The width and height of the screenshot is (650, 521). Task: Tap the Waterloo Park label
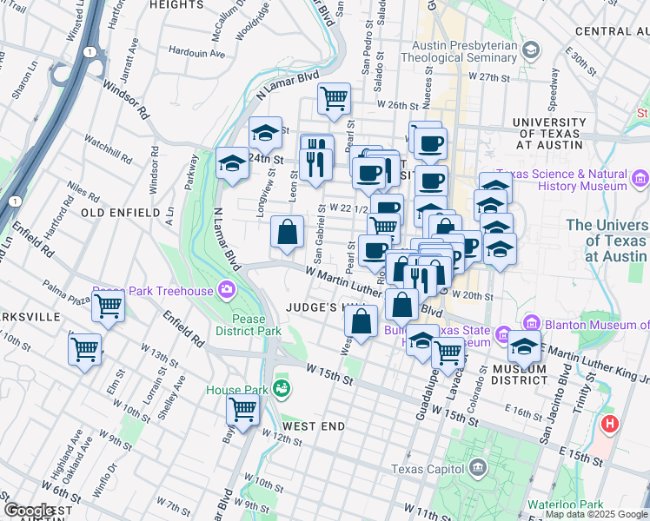(x=567, y=505)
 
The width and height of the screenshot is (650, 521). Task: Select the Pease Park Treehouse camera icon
(x=227, y=288)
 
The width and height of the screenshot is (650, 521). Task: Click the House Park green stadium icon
(x=280, y=387)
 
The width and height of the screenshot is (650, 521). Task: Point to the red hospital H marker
(x=610, y=425)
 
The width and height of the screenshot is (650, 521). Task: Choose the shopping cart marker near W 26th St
(x=334, y=98)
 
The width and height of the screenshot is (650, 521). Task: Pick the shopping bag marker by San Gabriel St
(x=287, y=232)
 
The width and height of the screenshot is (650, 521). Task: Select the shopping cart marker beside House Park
(x=243, y=409)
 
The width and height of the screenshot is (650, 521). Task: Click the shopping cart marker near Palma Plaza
(x=108, y=306)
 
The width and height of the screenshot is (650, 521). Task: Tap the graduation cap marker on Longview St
(x=265, y=133)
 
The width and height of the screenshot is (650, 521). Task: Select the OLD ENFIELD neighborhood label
(x=120, y=213)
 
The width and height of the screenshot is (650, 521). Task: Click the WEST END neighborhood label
(x=314, y=426)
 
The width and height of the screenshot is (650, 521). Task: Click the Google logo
(x=29, y=511)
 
